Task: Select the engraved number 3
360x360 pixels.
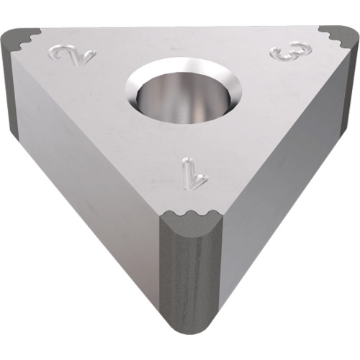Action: point(291,50)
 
